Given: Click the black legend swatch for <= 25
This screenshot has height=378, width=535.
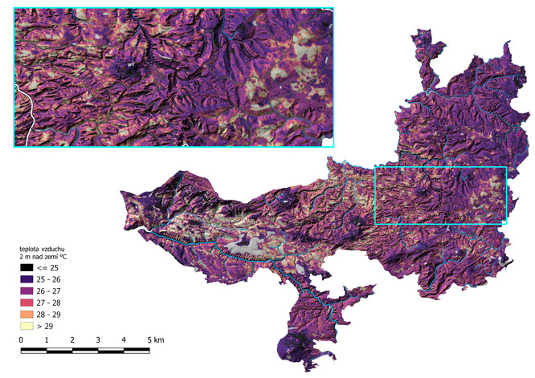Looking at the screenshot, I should [27, 266].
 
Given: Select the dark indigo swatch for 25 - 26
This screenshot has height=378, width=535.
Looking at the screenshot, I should [27, 278].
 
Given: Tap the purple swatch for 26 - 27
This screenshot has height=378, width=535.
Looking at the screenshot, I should [27, 291].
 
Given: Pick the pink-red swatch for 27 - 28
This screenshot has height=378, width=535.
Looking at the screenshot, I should [27, 303].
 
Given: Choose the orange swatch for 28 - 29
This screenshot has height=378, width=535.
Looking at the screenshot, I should [27, 315].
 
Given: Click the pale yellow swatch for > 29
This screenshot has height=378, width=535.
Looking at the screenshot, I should [27, 327].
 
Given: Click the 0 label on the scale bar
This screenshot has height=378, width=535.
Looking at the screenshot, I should [21, 341].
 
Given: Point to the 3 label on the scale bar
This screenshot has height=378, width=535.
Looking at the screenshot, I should [98, 341].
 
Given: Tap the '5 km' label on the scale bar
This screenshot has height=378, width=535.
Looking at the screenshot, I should [155, 341].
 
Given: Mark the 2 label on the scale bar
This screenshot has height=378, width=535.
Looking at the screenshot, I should [72, 341].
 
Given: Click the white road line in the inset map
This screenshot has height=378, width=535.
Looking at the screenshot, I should [27, 112].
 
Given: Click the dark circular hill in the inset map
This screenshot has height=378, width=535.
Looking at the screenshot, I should [125, 67].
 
